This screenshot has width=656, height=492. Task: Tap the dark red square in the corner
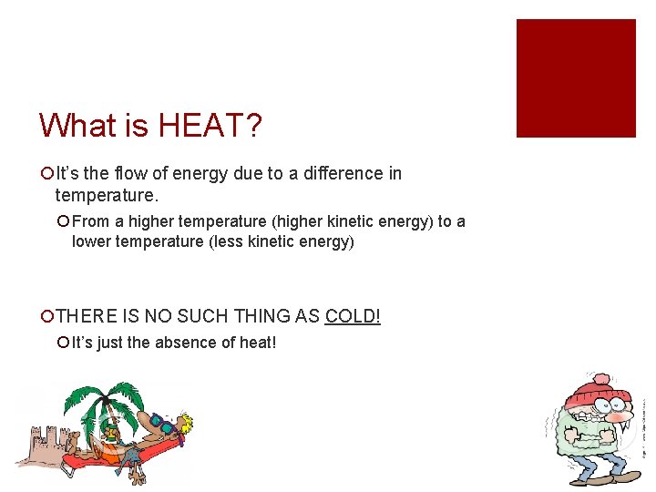tap(576, 78)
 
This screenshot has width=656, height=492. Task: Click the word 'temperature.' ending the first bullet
tap(107, 194)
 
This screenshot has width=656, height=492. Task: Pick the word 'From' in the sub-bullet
tap(92, 221)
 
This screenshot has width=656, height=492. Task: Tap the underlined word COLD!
tap(353, 316)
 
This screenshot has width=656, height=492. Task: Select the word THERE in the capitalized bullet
tap(87, 316)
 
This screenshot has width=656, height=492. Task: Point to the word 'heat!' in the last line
tap(255, 343)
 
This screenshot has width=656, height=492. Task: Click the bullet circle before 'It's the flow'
tap(46, 173)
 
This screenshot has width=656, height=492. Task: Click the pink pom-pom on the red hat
tap(600, 377)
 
